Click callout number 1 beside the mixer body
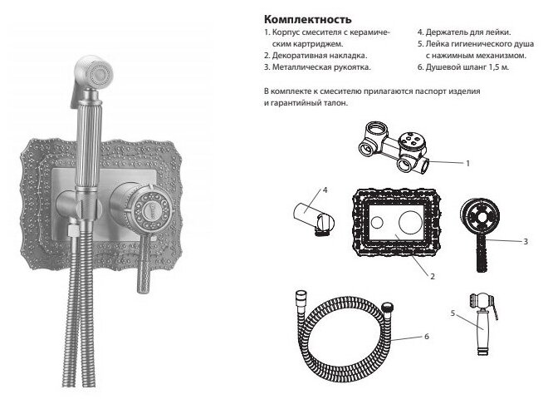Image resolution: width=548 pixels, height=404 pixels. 467,164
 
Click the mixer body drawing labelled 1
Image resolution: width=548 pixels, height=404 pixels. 394,146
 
